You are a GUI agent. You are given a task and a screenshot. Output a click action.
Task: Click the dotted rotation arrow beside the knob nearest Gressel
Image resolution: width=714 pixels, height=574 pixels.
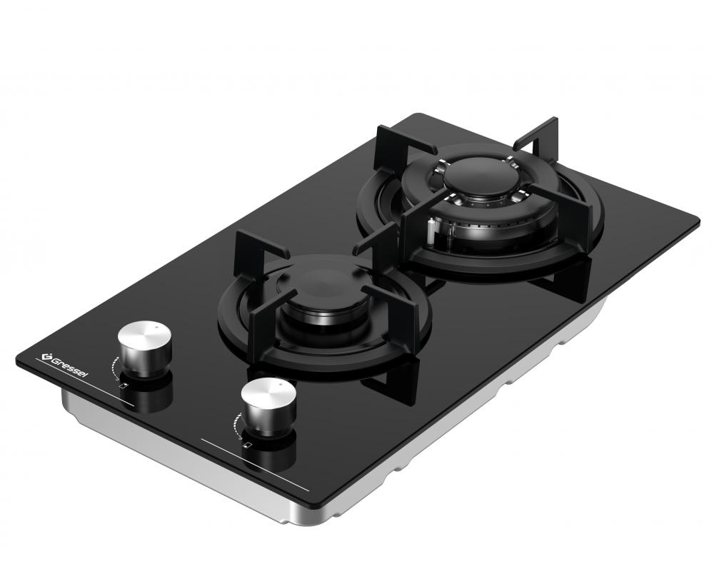(114, 368)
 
